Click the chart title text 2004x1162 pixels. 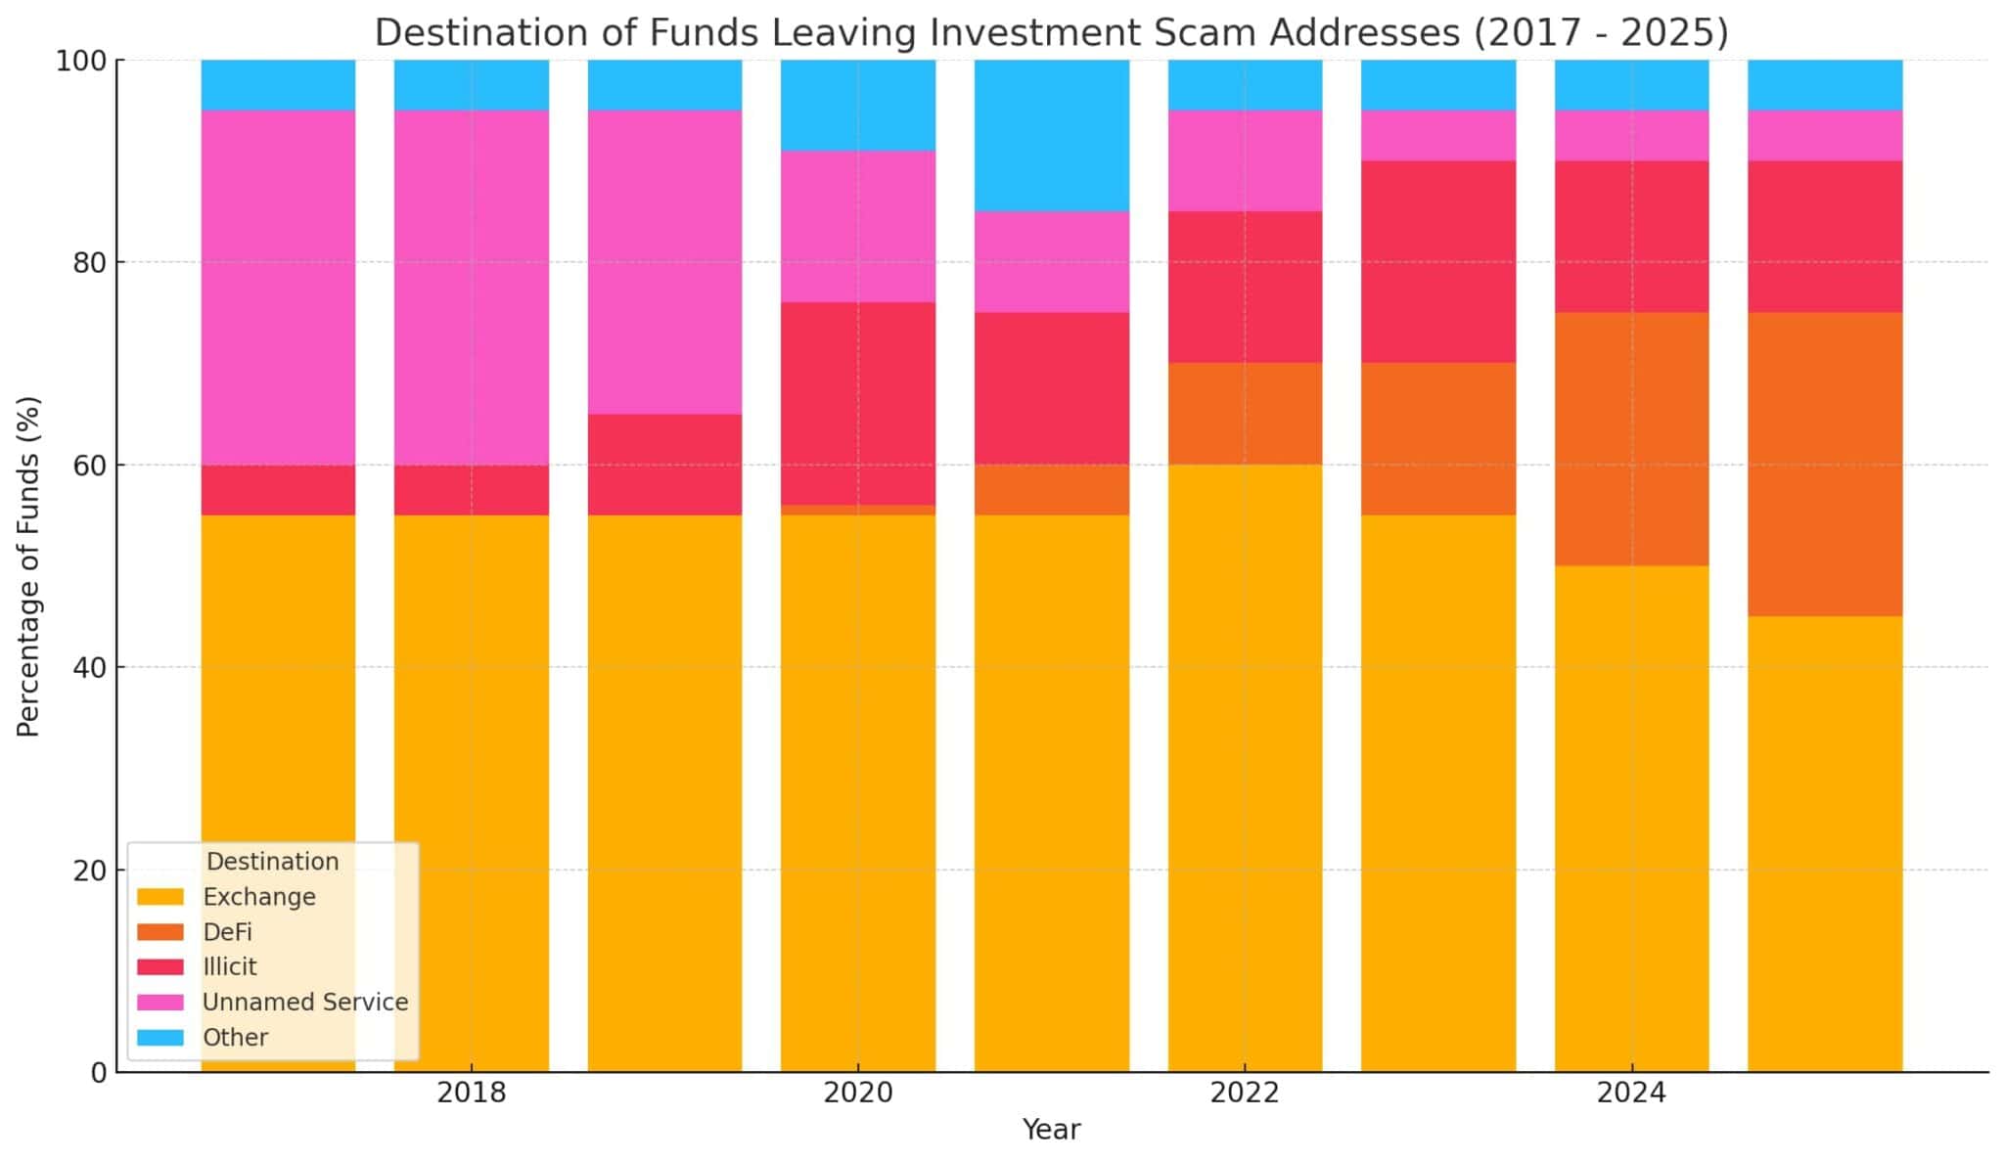pyautogui.click(x=1051, y=32)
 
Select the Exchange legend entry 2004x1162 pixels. pyautogui.click(x=258, y=897)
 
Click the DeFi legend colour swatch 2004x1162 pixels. pyautogui.click(x=159, y=932)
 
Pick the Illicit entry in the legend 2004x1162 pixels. pyautogui.click(x=229, y=967)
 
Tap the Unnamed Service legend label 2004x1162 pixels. pyautogui.click(x=304, y=1003)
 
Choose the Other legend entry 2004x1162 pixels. pyautogui.click(x=235, y=1038)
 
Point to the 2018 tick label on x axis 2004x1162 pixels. pyautogui.click(x=471, y=1094)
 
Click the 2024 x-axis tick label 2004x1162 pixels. pyautogui.click(x=1631, y=1094)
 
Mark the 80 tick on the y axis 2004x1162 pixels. pyautogui.click(x=89, y=263)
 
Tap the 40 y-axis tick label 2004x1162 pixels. pyautogui.click(x=89, y=668)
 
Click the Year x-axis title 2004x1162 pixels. pyautogui.click(x=1051, y=1131)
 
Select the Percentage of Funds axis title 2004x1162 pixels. pyautogui.click(x=28, y=565)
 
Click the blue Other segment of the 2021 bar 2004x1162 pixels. pyautogui.click(x=1051, y=135)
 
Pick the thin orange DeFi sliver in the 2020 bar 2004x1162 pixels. pyautogui.click(x=857, y=510)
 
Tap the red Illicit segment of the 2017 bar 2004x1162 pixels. pyautogui.click(x=278, y=490)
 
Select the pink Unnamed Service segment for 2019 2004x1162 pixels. pyautogui.click(x=664, y=262)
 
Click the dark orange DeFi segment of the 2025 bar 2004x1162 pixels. pyautogui.click(x=1824, y=465)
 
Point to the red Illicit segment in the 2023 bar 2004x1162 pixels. pyautogui.click(x=1437, y=262)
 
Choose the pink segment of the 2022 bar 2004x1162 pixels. pyautogui.click(x=1245, y=160)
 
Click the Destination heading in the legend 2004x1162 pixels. pyautogui.click(x=272, y=862)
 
